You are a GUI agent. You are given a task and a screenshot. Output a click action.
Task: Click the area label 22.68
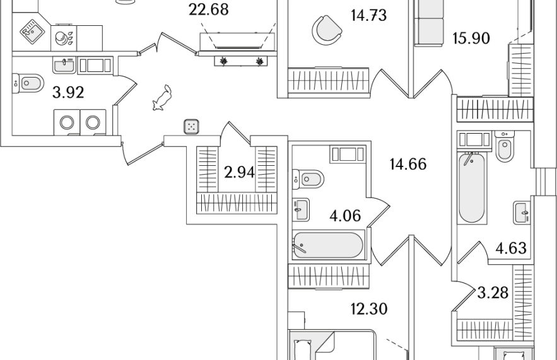[209, 9]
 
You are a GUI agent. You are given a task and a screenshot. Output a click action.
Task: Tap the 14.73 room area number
[368, 16]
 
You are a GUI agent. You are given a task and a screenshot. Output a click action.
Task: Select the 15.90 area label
[471, 38]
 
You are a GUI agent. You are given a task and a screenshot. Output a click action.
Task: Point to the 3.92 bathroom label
[68, 93]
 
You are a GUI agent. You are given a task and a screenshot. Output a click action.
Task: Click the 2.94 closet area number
[240, 173]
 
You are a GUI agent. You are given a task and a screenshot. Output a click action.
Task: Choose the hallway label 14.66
[407, 165]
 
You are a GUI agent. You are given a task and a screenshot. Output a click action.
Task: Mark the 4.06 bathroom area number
[345, 216]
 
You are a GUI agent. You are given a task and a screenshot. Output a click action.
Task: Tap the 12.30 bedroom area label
[369, 309]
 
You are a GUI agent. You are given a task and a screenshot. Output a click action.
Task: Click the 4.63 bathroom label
[511, 248]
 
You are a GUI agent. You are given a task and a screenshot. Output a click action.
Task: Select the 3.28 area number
[493, 293]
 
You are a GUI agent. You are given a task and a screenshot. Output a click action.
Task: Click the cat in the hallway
[162, 98]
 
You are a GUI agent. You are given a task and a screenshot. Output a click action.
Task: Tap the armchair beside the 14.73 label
[327, 30]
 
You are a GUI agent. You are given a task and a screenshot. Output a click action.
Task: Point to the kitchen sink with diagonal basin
[32, 32]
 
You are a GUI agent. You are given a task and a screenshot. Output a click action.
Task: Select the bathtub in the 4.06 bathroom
[328, 245]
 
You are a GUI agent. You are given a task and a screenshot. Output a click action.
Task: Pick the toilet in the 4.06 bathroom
[308, 179]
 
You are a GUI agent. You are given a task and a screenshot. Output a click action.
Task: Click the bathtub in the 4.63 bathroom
[471, 187]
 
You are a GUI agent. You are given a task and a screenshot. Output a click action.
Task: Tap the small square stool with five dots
[192, 127]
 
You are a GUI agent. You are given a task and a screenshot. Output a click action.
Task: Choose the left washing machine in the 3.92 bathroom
[67, 122]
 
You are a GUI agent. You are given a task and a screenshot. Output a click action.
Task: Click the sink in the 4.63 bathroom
[522, 212]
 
